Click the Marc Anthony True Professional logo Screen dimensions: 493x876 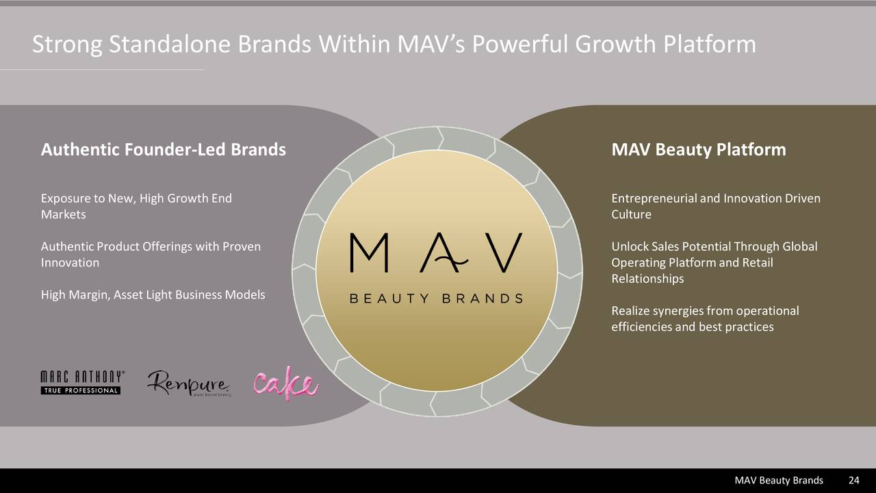click(x=82, y=383)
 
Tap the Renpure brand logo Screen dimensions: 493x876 click(x=188, y=383)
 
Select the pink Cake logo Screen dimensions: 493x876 click(x=285, y=383)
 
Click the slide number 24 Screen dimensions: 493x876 click(x=853, y=481)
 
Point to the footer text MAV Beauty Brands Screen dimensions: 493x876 click(x=779, y=481)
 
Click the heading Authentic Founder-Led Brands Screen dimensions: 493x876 click(x=164, y=149)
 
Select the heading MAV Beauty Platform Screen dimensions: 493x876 click(x=698, y=149)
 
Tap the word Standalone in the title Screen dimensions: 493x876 click(x=170, y=45)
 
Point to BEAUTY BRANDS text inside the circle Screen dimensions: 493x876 click(x=436, y=299)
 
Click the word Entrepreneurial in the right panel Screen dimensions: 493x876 click(x=653, y=199)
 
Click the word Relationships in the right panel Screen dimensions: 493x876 click(x=647, y=279)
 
